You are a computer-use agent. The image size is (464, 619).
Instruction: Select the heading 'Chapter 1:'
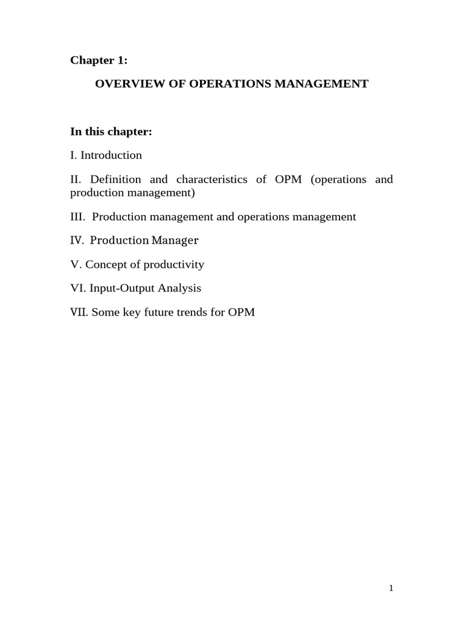point(99,59)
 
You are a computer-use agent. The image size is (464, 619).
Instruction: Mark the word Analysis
point(179,289)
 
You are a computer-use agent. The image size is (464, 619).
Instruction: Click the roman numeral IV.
point(77,241)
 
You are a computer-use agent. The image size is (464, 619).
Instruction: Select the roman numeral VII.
point(79,313)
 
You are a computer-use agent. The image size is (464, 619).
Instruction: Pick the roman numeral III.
point(79,216)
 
